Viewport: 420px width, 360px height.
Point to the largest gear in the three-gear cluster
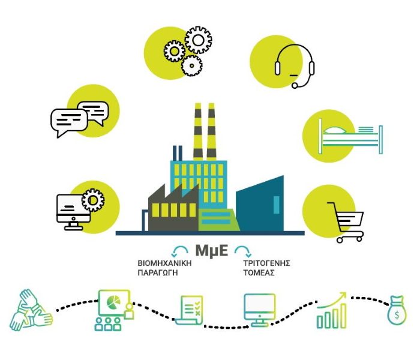click(198, 40)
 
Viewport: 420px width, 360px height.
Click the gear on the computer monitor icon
click(93, 200)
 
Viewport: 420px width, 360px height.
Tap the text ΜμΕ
click(212, 251)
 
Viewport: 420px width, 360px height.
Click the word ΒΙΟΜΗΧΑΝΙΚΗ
click(164, 263)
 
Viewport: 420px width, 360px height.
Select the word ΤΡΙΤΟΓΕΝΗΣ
click(266, 263)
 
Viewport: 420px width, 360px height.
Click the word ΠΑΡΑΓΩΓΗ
click(158, 273)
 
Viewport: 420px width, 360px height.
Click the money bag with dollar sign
click(397, 310)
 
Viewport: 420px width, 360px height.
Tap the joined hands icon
click(31, 310)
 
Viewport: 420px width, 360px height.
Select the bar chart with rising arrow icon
click(332, 310)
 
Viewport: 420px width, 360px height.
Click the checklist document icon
click(190, 310)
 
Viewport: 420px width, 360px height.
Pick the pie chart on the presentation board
click(113, 302)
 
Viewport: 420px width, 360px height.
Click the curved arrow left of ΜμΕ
click(180, 247)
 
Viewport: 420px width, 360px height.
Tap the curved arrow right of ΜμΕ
click(243, 247)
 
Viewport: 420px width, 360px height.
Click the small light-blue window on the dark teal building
click(276, 205)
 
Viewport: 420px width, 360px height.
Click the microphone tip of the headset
click(295, 85)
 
